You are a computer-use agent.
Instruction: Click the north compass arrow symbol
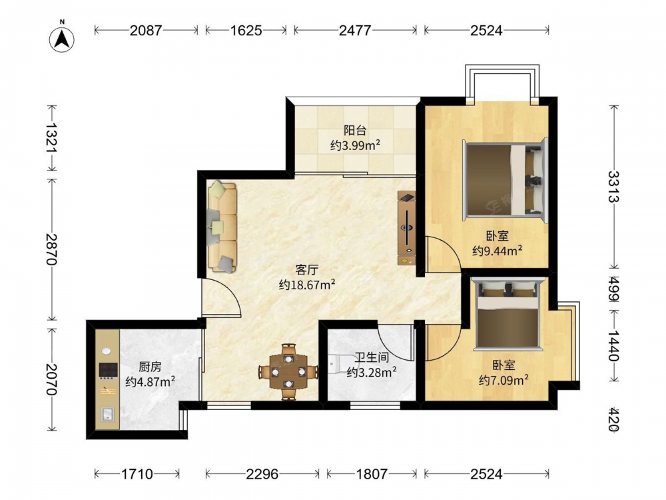point(62,39)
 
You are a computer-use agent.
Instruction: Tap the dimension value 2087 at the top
point(146,30)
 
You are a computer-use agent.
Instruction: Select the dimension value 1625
point(246,30)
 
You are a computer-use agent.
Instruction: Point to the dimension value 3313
point(613,187)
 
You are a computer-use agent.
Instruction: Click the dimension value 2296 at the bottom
point(262,473)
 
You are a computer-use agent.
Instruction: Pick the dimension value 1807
point(372,473)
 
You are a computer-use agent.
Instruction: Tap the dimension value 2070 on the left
point(51,379)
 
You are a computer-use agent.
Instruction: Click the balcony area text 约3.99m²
point(355,145)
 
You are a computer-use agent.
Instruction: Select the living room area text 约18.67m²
point(307,284)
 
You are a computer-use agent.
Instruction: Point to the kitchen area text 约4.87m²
point(151,381)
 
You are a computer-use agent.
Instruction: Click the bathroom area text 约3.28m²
point(372,372)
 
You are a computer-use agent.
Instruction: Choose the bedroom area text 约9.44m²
point(497,251)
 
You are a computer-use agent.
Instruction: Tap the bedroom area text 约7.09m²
point(503,380)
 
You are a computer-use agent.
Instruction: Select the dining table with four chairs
point(288,372)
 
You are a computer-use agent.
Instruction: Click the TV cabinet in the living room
point(406,228)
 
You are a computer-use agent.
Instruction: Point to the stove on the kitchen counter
point(109,370)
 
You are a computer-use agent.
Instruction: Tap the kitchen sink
point(107,414)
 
